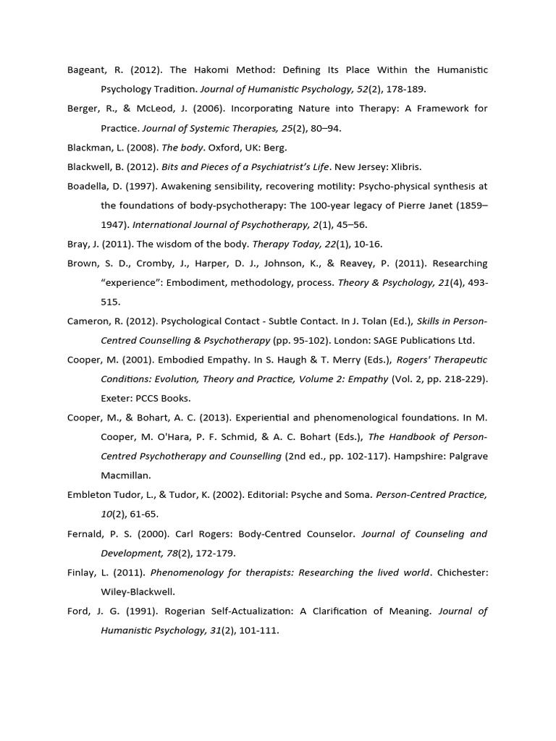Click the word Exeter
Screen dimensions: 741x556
[117, 398]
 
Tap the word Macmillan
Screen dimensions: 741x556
[125, 475]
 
